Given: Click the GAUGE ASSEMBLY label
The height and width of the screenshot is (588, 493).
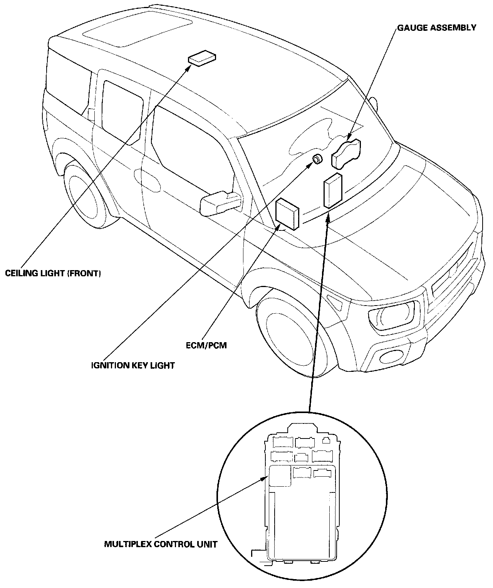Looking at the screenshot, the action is pos(437,28).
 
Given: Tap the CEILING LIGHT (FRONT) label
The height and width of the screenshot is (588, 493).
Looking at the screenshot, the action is pos(53,273).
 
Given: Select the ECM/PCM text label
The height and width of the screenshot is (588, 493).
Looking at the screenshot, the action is pos(206,345).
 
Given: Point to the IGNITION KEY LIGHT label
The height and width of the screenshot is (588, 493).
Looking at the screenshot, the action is pos(133,366).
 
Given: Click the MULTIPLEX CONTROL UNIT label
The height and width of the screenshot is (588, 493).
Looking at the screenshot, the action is pos(161,544).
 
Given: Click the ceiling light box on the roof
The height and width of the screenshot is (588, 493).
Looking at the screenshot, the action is pos(202,58).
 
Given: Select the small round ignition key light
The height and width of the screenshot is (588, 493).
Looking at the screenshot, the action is pos(318,159).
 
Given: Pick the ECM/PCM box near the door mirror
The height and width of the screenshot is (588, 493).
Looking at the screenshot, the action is pos(287,214).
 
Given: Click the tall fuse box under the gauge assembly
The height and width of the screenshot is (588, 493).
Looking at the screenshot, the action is pos(333,191).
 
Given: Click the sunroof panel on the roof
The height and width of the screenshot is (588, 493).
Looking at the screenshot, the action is pos(138,29).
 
